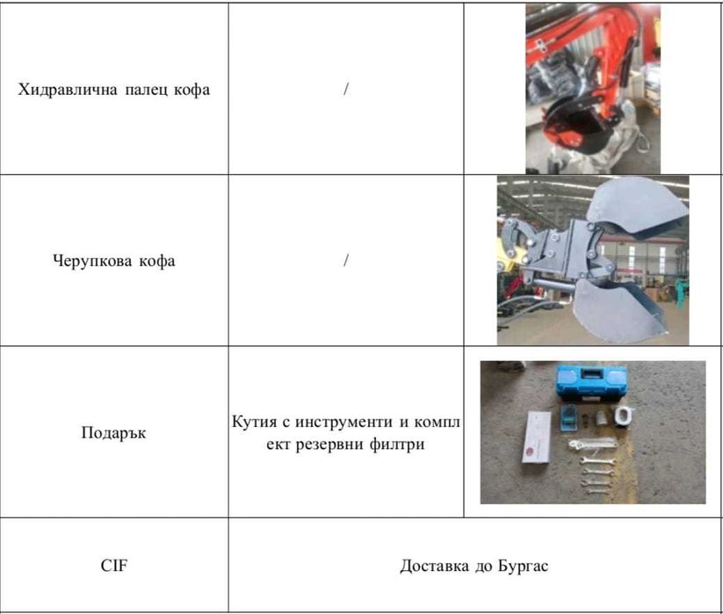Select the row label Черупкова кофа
pos(113,261)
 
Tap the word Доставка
pos(435,566)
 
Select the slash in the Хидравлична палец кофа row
pos(346,90)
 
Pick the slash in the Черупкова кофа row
pos(346,261)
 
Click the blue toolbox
pos(590,383)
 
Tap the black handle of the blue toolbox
pos(589,372)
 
